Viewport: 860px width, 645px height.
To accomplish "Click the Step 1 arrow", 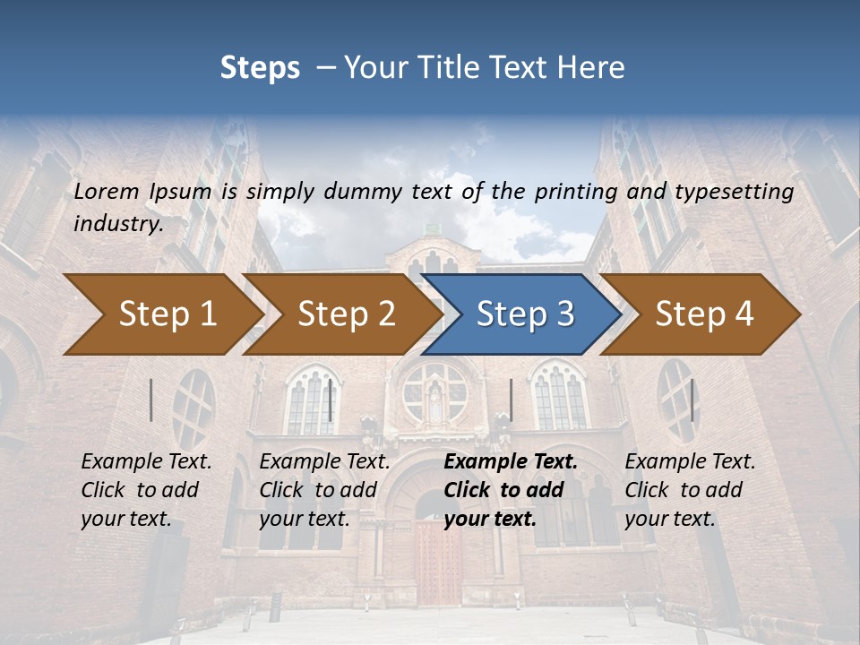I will pos(161,314).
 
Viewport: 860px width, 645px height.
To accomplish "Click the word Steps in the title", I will pos(260,67).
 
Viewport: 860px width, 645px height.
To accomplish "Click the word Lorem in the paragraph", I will pos(105,192).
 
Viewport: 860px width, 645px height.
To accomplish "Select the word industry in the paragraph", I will pos(117,224).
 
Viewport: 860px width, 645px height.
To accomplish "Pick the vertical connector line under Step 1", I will pos(151,400).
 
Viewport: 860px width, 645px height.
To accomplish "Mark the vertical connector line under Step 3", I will pos(511,400).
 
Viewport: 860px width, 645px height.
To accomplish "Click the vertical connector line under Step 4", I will pos(692,400).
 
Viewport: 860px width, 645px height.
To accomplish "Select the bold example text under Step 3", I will pos(510,490).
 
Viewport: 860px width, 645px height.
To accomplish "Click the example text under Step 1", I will pos(146,490).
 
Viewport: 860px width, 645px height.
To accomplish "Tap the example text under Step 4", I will pos(689,490).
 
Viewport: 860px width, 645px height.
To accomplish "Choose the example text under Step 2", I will pos(324,490).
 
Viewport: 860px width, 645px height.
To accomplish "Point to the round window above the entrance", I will pos(435,391).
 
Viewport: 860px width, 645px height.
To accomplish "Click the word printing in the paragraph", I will pos(577,192).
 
